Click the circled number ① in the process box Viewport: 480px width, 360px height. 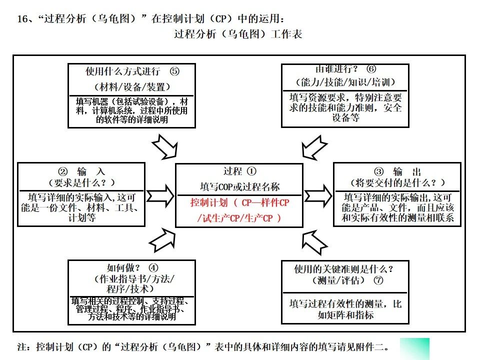tap(251, 171)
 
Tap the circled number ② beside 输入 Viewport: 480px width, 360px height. tap(63, 171)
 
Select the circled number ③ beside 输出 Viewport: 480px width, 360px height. tap(379, 171)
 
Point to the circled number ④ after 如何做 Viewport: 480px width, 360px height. tap(153, 268)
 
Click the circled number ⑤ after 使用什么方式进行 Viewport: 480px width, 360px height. tap(174, 71)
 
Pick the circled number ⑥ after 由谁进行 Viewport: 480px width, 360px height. tap(371, 69)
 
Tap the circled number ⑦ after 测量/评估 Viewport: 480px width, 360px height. tap(378, 280)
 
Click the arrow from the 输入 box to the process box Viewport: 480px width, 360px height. tap(160, 196)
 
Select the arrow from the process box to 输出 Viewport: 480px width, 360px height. tap(318, 196)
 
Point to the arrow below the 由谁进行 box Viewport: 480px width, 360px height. tap(314, 147)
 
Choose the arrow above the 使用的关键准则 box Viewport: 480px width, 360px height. tap(314, 242)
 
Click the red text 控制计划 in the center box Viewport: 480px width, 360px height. tap(209, 202)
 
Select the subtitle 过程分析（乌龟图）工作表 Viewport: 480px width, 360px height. tap(238, 33)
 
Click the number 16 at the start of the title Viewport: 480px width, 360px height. tap(22, 19)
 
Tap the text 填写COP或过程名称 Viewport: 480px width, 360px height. tap(239, 186)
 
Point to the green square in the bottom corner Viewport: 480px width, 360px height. tap(414, 348)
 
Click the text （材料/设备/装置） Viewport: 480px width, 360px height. tap(131, 87)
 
